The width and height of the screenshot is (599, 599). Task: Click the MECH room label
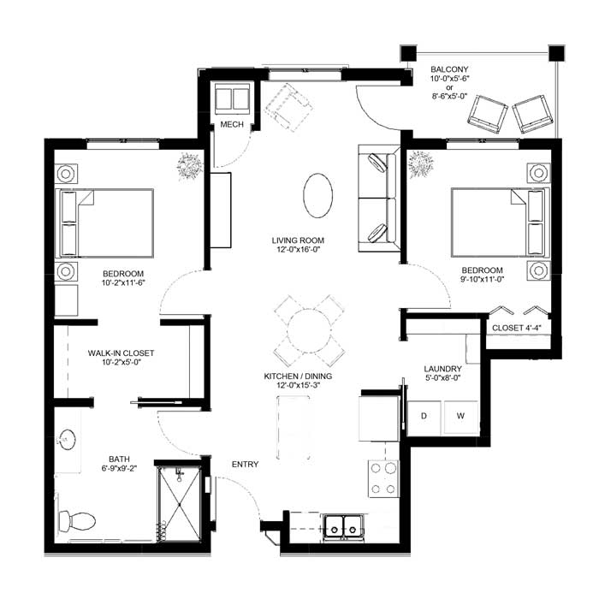click(232, 125)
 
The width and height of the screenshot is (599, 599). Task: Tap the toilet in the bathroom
click(77, 520)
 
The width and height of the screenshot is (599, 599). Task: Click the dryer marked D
click(424, 418)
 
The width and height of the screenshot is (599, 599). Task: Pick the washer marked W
click(460, 417)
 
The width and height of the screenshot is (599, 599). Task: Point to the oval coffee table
click(317, 196)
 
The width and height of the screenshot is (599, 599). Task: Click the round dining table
click(309, 331)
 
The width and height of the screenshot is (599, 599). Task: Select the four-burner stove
click(383, 478)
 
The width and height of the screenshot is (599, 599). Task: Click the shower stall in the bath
click(179, 503)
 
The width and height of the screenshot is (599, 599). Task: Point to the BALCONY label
click(449, 69)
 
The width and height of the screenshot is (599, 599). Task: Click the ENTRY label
click(246, 464)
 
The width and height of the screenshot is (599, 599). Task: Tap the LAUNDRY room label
click(442, 369)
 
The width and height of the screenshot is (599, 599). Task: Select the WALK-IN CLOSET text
click(122, 353)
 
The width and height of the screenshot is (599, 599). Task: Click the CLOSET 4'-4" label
click(517, 328)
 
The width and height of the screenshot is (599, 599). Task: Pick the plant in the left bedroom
click(189, 165)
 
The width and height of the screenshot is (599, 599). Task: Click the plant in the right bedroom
click(421, 164)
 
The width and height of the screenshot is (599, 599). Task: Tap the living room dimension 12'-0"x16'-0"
click(298, 250)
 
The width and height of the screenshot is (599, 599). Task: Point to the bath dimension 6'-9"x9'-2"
click(119, 468)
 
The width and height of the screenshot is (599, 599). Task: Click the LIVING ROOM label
click(298, 240)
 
